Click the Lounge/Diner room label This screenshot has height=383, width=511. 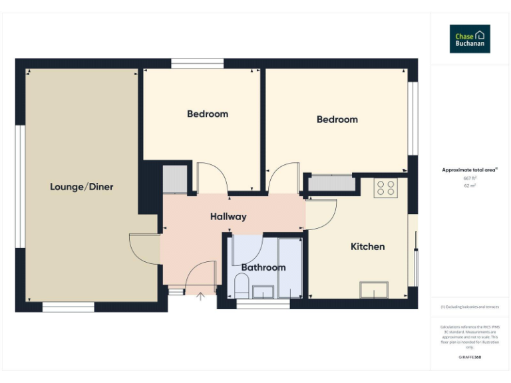point(81,187)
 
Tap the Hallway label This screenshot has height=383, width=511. point(228,216)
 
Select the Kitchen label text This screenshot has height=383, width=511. point(367,247)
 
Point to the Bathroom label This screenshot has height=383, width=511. point(263,267)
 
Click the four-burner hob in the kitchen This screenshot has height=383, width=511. point(385,188)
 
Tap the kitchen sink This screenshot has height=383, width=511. point(374,290)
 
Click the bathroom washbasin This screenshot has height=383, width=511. point(263,291)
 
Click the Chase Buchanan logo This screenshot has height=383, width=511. point(470,39)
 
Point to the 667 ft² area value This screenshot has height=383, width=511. point(470,179)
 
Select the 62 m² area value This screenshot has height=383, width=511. point(470,186)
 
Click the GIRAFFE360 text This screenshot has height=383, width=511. point(470,358)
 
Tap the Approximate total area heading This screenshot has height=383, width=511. point(470,170)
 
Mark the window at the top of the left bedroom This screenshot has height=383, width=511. point(197,64)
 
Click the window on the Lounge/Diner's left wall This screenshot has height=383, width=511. point(20,186)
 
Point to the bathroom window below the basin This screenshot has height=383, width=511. point(263,305)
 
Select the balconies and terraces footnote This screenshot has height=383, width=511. point(470,307)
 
